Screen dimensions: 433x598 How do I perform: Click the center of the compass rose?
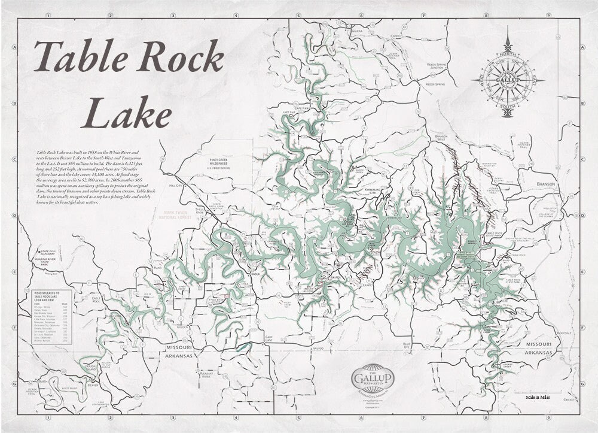click(508, 80)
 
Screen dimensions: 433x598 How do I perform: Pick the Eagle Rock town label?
click(94, 298)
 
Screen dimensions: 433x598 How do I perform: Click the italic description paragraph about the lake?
click(90, 178)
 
